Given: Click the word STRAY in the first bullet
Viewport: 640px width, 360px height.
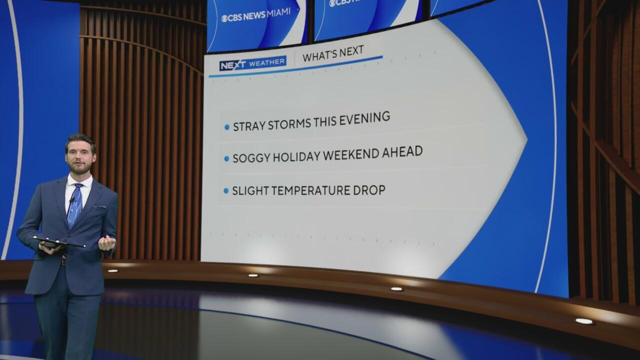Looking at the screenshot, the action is point(249,126).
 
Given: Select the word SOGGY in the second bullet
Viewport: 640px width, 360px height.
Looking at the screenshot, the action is point(251,157).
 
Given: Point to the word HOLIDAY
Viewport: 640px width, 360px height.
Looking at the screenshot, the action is point(296,156).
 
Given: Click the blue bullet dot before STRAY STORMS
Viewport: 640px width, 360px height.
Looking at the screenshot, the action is point(227,127).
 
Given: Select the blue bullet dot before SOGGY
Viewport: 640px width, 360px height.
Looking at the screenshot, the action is point(226,159).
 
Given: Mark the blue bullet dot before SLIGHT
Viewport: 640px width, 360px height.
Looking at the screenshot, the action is point(226,190).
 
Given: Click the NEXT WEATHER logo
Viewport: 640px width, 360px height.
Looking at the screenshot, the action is point(253,63).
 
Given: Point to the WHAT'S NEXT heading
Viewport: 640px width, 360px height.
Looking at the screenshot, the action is point(333,53).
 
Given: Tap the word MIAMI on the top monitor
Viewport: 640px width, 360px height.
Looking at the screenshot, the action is point(278,13).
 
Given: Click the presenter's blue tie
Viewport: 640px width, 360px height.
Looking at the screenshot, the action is point(75,204).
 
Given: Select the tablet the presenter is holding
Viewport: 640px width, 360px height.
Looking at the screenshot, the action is point(58,242).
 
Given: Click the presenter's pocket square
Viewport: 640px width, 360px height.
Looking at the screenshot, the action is point(100,206).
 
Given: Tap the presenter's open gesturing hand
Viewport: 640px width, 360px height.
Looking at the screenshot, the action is point(107,243).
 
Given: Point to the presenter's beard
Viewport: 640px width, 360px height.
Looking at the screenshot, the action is point(79,168).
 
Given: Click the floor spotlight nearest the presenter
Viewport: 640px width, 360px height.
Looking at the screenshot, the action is point(113,270).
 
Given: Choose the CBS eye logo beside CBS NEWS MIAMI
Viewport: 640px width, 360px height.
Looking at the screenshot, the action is point(224,19).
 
